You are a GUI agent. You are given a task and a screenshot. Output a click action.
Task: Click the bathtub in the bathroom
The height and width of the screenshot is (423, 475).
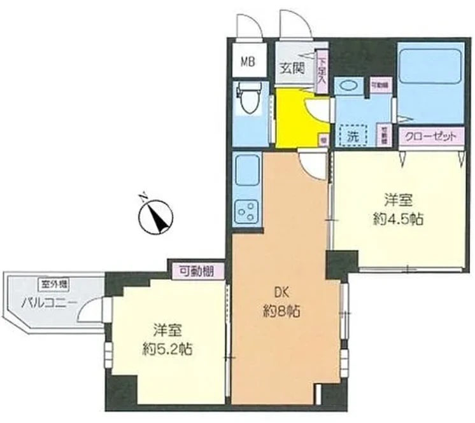point(429,76)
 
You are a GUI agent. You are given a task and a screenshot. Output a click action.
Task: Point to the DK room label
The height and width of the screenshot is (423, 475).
point(281,293)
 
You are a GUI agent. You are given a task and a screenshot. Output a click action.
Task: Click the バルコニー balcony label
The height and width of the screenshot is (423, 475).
point(49,301)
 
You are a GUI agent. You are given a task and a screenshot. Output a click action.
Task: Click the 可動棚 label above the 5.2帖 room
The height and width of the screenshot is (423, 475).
point(196,271)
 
